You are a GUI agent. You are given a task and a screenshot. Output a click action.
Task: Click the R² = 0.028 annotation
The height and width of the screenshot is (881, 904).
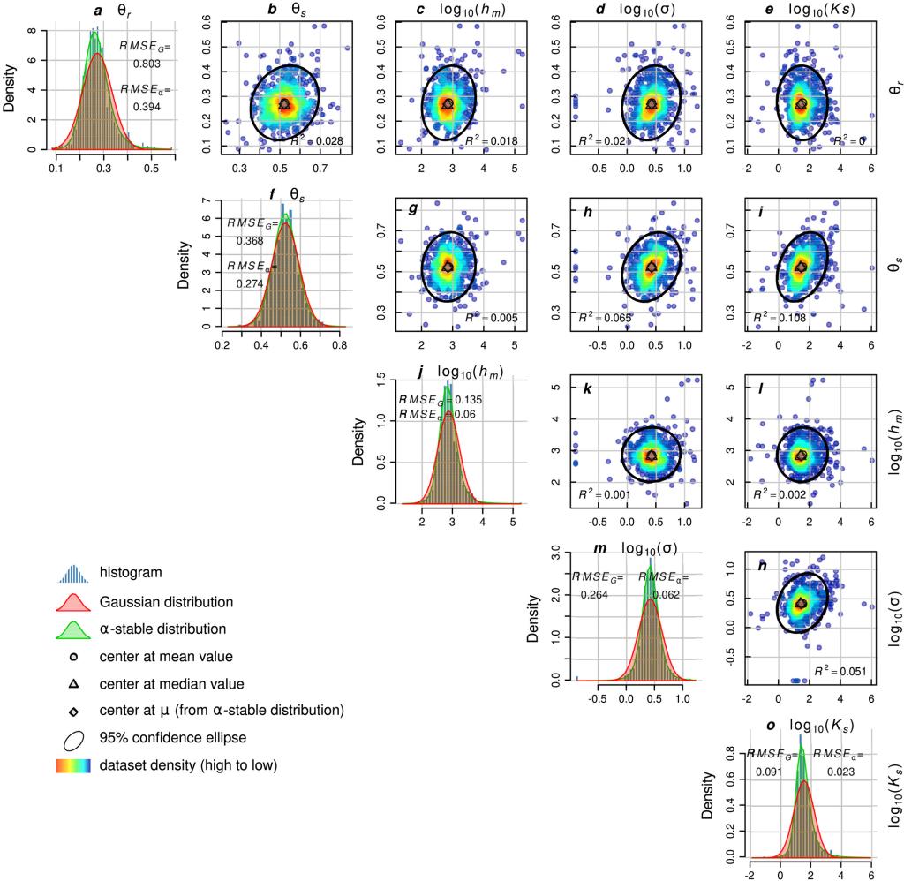point(316,141)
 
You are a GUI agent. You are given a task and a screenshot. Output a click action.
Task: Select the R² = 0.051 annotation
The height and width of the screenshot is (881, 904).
point(840,672)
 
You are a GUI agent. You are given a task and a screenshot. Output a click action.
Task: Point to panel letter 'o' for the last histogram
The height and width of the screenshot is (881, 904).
point(771,726)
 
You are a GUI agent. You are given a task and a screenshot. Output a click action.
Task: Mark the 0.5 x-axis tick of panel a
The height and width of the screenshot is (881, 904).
point(152,166)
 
